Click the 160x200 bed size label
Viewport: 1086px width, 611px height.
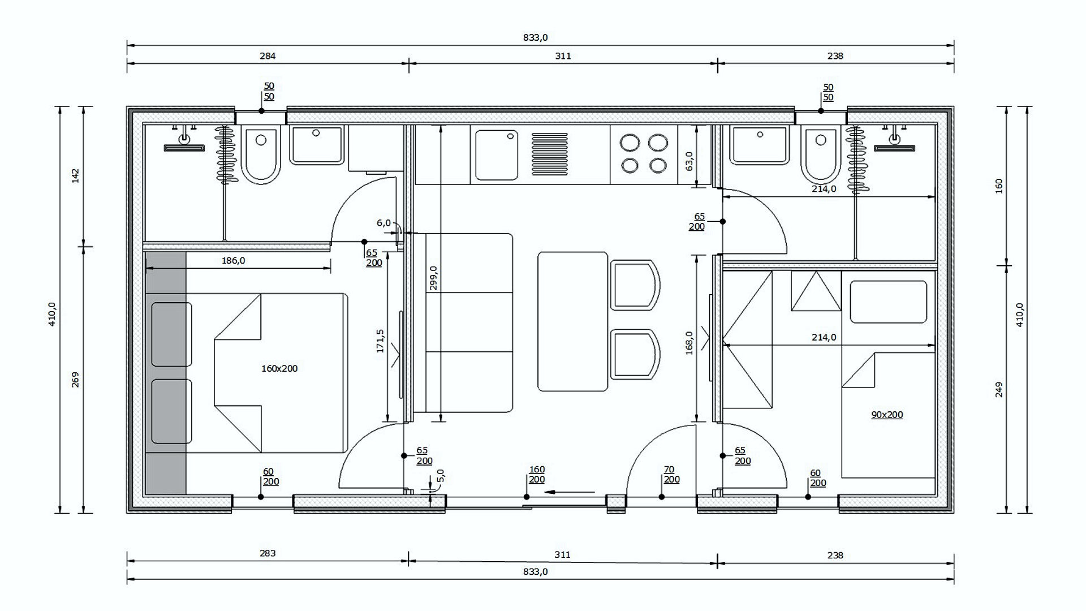pyautogui.click(x=279, y=368)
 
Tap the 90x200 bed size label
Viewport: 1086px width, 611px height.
pyautogui.click(x=887, y=415)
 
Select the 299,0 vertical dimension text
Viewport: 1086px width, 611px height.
pyautogui.click(x=433, y=278)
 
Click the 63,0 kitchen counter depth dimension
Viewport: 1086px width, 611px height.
pyautogui.click(x=689, y=161)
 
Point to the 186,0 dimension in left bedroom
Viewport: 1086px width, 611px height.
pyautogui.click(x=233, y=261)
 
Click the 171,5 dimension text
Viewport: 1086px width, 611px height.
pyautogui.click(x=380, y=341)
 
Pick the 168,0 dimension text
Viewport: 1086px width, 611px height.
pyautogui.click(x=689, y=343)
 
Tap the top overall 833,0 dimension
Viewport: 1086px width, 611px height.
pyautogui.click(x=535, y=38)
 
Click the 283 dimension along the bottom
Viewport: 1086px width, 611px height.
pyautogui.click(x=268, y=553)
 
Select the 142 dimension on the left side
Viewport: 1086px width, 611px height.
pyautogui.click(x=76, y=175)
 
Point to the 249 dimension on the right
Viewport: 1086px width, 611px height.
pyautogui.click(x=999, y=390)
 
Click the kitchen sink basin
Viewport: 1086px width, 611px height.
pyautogui.click(x=497, y=155)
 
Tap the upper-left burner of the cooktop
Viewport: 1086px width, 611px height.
pyautogui.click(x=629, y=142)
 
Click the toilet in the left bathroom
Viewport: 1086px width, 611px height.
pyautogui.click(x=261, y=154)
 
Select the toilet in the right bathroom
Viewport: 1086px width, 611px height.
pyautogui.click(x=820, y=154)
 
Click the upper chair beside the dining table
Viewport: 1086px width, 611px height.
pyautogui.click(x=636, y=285)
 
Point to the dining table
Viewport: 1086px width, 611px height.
pyautogui.click(x=573, y=321)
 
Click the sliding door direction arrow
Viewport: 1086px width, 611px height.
pyautogui.click(x=570, y=492)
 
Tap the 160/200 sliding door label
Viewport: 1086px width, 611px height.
pyautogui.click(x=537, y=475)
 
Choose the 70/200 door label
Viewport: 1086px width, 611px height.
pyautogui.click(x=671, y=475)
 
